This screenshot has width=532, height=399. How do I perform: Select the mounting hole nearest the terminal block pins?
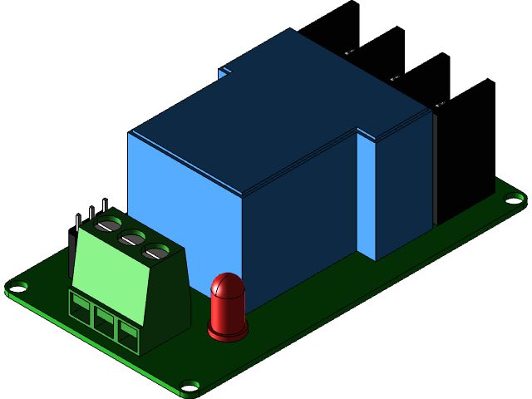pyautogui.click(x=17, y=287)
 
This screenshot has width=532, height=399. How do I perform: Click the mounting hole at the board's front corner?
pyautogui.click(x=190, y=386)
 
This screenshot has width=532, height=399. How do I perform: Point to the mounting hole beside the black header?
pyautogui.click(x=515, y=198)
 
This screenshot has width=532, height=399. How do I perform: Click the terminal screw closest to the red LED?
pyautogui.click(x=155, y=251)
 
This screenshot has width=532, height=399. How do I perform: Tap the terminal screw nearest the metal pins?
pyautogui.click(x=109, y=224)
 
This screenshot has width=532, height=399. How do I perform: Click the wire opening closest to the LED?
pyautogui.click(x=128, y=333)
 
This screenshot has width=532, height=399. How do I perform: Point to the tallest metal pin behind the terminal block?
pyautogui.click(x=105, y=205)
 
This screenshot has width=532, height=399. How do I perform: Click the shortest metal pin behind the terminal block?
pyautogui.click(x=78, y=222)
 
